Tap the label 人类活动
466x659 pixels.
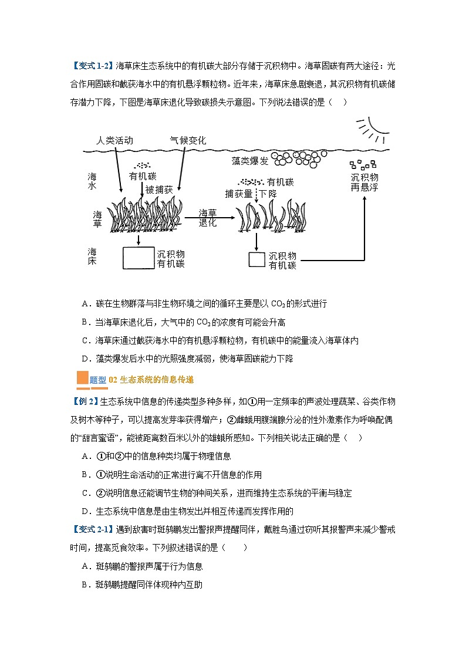[115, 141]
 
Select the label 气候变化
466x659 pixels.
[188, 141]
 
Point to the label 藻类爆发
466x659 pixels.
[251, 160]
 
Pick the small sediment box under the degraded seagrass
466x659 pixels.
[256, 259]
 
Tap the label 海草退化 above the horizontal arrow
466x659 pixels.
[208, 218]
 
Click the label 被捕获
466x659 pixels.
[159, 190]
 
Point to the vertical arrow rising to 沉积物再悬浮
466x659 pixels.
[364, 229]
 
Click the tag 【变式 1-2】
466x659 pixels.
[93, 65]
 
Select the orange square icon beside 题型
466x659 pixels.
[82, 378]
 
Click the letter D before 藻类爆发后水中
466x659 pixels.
[85, 358]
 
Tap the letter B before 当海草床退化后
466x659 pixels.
[85, 322]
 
